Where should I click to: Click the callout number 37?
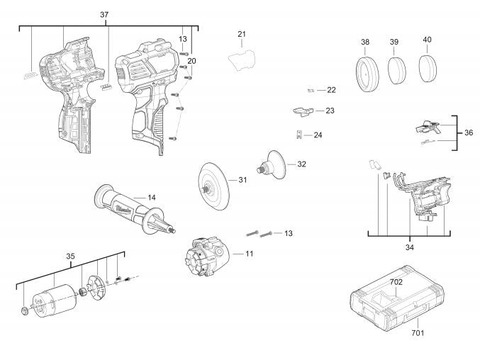(x=104, y=14)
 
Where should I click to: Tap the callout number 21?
(x=242, y=34)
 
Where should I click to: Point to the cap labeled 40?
(x=428, y=69)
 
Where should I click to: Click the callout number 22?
(x=331, y=90)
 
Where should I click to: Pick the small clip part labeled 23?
(x=303, y=111)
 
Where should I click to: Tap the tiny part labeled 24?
(x=300, y=135)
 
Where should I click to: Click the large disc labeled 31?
(x=213, y=186)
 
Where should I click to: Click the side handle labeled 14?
(x=135, y=210)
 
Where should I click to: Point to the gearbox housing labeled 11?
(x=207, y=258)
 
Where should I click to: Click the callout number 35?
(x=70, y=257)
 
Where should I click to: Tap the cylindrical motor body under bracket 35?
(x=52, y=300)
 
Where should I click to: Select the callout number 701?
(x=418, y=332)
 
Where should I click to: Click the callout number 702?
(x=396, y=282)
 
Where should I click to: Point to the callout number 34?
(x=410, y=247)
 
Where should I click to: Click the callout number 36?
(x=469, y=133)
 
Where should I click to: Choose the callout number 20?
(x=191, y=61)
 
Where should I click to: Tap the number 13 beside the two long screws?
(x=289, y=233)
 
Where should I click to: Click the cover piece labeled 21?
(x=242, y=60)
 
